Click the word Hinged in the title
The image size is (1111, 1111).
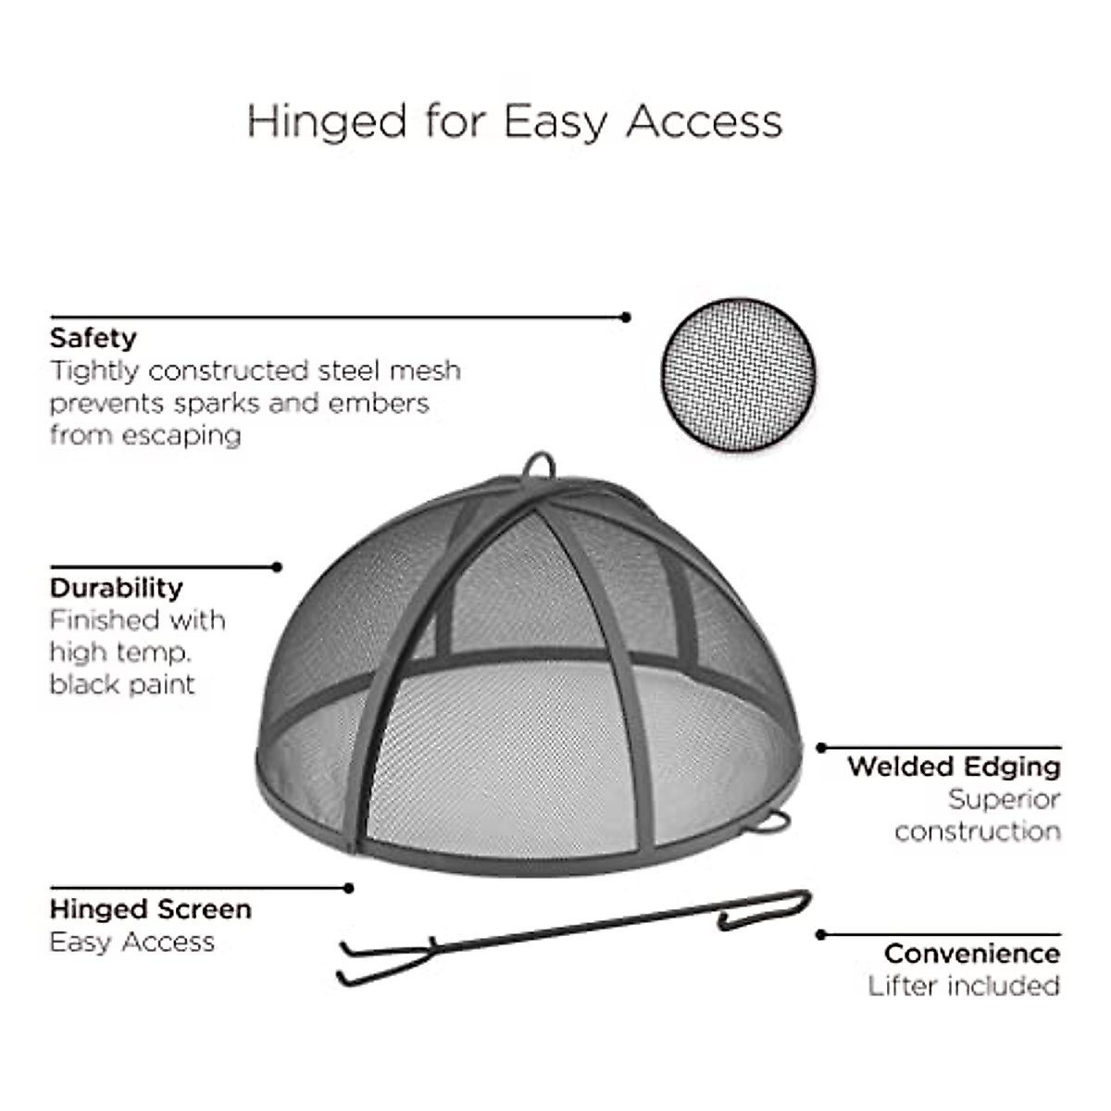pyautogui.click(x=327, y=121)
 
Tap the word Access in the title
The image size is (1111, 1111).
pyautogui.click(x=704, y=121)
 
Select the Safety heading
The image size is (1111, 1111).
pyautogui.click(x=93, y=338)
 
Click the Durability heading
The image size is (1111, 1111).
pyautogui.click(x=116, y=588)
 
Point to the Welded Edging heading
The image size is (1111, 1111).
pyautogui.click(x=954, y=767)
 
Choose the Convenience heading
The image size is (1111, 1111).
pyautogui.click(x=971, y=953)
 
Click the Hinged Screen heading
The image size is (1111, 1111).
pyautogui.click(x=150, y=909)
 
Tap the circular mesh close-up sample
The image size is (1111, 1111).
pyautogui.click(x=738, y=374)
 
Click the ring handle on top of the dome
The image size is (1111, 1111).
pyautogui.click(x=538, y=464)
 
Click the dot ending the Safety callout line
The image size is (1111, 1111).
pyautogui.click(x=626, y=317)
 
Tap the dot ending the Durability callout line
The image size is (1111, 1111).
pyautogui.click(x=277, y=567)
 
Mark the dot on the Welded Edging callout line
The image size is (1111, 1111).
pyautogui.click(x=820, y=747)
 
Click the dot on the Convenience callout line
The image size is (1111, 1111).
pyautogui.click(x=820, y=935)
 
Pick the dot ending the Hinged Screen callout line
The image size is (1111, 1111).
pyautogui.click(x=349, y=888)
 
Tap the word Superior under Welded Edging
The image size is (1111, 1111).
pyautogui.click(x=1004, y=799)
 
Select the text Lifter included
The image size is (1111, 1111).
pyautogui.click(x=964, y=986)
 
